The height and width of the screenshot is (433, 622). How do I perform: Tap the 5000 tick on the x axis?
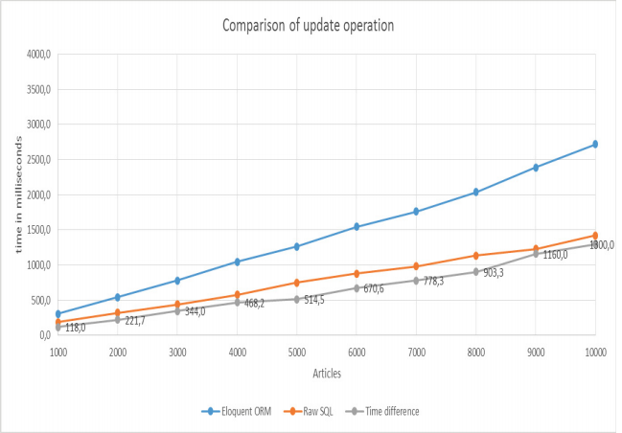(296, 352)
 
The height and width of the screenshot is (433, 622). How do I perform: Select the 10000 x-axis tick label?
(595, 352)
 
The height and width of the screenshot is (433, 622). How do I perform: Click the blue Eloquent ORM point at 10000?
(595, 145)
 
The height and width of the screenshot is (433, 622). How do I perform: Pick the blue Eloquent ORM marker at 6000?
(357, 227)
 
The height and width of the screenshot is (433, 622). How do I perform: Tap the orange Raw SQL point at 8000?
(475, 256)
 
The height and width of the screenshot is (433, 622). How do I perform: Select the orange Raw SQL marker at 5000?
(296, 283)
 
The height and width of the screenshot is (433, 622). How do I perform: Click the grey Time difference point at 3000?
(177, 310)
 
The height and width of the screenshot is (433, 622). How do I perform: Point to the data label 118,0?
(75, 328)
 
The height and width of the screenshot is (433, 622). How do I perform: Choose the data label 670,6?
(375, 288)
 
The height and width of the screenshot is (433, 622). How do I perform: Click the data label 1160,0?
(554, 255)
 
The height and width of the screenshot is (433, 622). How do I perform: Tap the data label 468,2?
(256, 303)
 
